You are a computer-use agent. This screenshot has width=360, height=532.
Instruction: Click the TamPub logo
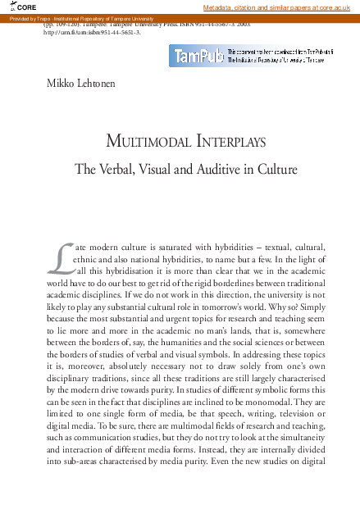click(196, 56)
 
